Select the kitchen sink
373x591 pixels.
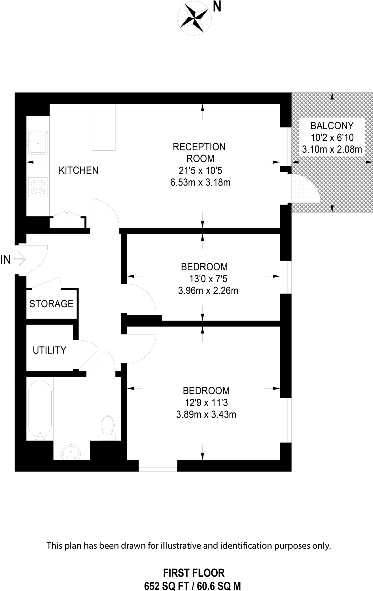tap(38, 143)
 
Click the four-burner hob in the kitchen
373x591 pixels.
tap(38, 187)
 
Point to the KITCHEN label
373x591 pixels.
tap(79, 171)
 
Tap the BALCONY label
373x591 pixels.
tap(332, 126)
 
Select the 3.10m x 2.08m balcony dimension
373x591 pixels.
tap(332, 149)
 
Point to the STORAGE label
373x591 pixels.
tap(51, 304)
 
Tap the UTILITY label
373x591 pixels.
tap(49, 350)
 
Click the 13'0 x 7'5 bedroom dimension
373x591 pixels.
tap(208, 279)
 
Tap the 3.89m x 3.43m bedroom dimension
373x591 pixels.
tap(206, 415)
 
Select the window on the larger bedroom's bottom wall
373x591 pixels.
tap(158, 465)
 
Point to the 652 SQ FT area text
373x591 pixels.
tap(166, 586)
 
